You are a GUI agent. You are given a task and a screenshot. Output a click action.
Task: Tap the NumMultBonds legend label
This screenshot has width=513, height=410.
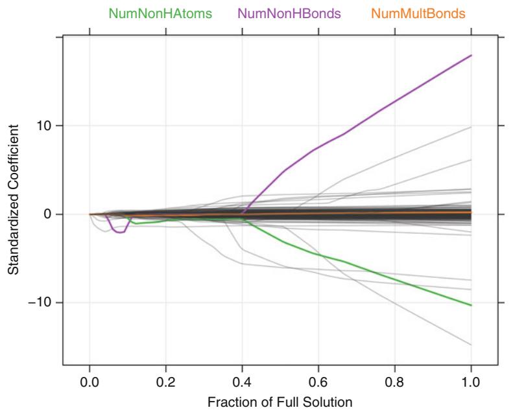pyautogui.click(x=414, y=13)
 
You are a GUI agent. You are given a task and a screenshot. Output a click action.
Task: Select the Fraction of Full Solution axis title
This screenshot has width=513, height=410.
pyautogui.click(x=280, y=402)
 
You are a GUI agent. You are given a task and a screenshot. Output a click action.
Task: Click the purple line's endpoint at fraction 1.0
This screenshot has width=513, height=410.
pyautogui.click(x=471, y=56)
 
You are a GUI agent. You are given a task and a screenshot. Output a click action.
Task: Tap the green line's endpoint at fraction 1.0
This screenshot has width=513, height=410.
pyautogui.click(x=471, y=305)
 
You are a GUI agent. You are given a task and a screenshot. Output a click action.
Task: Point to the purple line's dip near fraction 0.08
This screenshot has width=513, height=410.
pyautogui.click(x=119, y=232)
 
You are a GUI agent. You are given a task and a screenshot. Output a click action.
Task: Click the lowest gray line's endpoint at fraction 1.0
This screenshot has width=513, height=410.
pyautogui.click(x=471, y=345)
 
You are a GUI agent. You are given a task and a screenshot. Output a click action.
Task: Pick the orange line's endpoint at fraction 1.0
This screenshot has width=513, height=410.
pyautogui.click(x=471, y=212)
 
